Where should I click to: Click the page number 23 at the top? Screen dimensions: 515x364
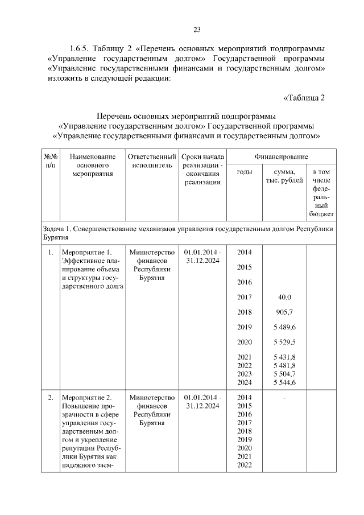[196, 30]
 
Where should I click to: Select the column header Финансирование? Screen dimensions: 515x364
[281, 156]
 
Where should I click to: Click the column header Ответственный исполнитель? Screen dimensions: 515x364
[151, 161]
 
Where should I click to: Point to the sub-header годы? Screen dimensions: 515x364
[244, 172]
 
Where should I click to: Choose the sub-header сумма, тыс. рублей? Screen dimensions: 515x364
[284, 176]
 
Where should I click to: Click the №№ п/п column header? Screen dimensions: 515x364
[50, 161]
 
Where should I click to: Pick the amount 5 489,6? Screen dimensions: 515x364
[284, 327]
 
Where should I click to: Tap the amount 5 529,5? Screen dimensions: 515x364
[284, 342]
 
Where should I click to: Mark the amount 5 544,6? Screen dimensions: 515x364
[284, 383]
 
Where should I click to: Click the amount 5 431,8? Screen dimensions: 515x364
[284, 357]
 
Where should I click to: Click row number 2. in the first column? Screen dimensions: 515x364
[50, 397]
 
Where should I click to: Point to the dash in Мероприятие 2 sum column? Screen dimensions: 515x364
[284, 397]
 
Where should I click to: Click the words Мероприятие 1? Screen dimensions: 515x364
[86, 253]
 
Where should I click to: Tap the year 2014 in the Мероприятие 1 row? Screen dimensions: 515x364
[244, 252]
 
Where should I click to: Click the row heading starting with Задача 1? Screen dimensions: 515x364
[188, 232]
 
